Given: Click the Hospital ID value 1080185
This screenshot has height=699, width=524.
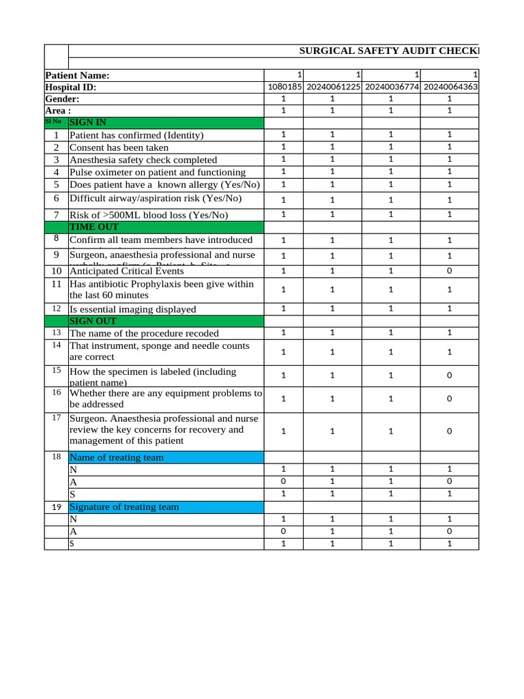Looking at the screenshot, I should click(x=286, y=87).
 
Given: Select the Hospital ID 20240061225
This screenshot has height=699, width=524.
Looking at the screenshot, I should click(x=333, y=87).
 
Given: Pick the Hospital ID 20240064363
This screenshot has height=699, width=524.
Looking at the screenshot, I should click(x=450, y=87).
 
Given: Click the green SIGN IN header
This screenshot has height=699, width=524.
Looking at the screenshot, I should click(x=166, y=123).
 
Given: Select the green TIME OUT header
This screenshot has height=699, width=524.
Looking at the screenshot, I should click(x=166, y=227).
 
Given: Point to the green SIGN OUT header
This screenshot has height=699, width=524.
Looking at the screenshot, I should click(x=166, y=321).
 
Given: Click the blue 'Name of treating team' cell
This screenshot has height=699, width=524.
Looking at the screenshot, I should click(x=166, y=457).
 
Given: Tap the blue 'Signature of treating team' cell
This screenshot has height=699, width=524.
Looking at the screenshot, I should click(x=166, y=507).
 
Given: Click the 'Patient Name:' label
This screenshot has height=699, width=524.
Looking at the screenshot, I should click(x=77, y=75).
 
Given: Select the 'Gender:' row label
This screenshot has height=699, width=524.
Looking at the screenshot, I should click(x=62, y=99).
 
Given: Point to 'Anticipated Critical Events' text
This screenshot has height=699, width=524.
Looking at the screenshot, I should click(x=127, y=271).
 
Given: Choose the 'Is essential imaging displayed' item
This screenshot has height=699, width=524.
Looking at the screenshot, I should click(x=132, y=309).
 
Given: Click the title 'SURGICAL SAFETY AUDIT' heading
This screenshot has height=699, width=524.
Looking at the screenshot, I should click(x=389, y=51).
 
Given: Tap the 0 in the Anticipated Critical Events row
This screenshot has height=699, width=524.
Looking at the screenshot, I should click(x=450, y=271).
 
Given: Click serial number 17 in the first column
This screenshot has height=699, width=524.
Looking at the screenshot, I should click(x=57, y=417).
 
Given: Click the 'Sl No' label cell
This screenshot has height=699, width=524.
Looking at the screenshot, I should click(x=53, y=122).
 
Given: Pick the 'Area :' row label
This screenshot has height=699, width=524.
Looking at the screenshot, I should click(x=58, y=111).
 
